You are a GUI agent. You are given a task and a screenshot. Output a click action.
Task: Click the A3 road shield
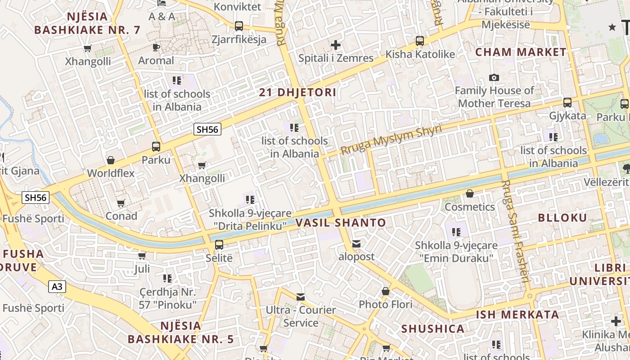point(57,287)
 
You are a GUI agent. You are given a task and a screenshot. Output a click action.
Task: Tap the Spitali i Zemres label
point(336,58)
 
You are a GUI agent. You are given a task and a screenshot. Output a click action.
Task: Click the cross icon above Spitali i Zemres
point(336,45)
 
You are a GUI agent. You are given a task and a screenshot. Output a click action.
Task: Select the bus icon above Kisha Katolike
point(420,41)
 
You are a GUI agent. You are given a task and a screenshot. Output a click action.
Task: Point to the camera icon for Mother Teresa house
point(494,78)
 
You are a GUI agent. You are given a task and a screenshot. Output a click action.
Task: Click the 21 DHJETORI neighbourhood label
point(298,93)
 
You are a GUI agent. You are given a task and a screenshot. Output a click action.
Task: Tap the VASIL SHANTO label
point(341,222)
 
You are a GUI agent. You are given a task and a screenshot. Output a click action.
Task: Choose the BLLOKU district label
point(562,218)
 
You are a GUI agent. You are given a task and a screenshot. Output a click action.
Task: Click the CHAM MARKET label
point(521,52)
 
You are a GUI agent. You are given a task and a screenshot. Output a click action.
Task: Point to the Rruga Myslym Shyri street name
point(391,139)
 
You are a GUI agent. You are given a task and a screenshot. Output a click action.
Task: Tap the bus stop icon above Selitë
point(219,245)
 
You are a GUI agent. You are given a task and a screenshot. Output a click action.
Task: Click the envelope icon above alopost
point(356,244)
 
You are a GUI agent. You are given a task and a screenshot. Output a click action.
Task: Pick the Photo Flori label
point(385,305)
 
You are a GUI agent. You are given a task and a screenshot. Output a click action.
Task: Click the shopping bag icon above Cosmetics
point(470,193)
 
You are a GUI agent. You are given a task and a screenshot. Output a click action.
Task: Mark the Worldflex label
point(111,173)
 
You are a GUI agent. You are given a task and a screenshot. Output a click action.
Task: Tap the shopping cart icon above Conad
point(121,203)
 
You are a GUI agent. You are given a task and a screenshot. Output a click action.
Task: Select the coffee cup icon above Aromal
point(156,47)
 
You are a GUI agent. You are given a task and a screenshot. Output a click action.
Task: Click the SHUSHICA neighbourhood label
point(433,328)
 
